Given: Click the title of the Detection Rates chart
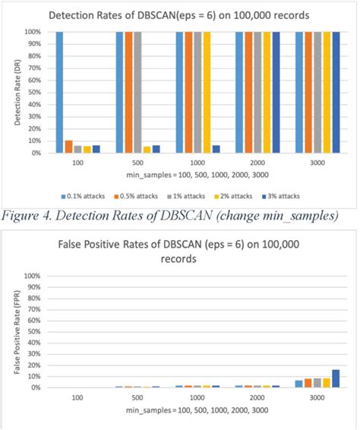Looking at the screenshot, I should (180, 15).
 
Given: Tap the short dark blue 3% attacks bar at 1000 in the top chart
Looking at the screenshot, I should (216, 149).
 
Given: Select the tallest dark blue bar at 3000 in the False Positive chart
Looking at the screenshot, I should (335, 376).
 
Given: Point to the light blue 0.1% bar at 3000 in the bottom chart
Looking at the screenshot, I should (298, 382).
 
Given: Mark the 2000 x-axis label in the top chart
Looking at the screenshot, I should (256, 163).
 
